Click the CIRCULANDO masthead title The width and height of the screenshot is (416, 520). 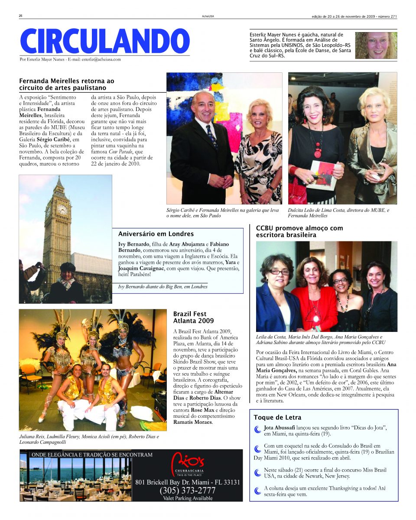(104, 42)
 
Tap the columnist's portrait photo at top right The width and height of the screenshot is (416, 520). (376, 45)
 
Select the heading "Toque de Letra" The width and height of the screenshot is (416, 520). (277, 417)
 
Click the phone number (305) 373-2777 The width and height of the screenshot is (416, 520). (188, 491)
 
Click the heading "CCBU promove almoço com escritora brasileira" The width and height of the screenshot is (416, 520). (299, 231)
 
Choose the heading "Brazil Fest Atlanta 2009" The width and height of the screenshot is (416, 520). (193, 317)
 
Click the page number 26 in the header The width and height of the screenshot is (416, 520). (21, 16)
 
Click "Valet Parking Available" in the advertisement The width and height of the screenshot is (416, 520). (188, 498)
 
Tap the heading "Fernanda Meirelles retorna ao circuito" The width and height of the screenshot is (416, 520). (67, 84)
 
